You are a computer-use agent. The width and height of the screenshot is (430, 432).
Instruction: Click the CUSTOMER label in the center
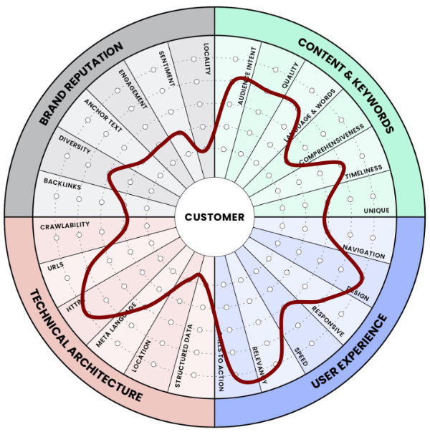[x=214, y=216]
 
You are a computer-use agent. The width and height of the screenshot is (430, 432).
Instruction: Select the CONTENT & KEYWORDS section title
[x=347, y=83]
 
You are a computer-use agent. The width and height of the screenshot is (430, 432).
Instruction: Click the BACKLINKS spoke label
[x=62, y=185]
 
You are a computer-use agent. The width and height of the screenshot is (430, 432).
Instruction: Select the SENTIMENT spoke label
[x=166, y=68]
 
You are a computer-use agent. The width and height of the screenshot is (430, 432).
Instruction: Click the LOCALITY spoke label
[x=206, y=59]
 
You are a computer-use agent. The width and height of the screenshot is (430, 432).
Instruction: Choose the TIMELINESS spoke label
[x=363, y=172]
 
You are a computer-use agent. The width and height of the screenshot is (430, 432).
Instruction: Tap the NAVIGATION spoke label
[x=363, y=251]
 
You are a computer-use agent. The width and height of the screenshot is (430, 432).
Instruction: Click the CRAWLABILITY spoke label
[x=65, y=226]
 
